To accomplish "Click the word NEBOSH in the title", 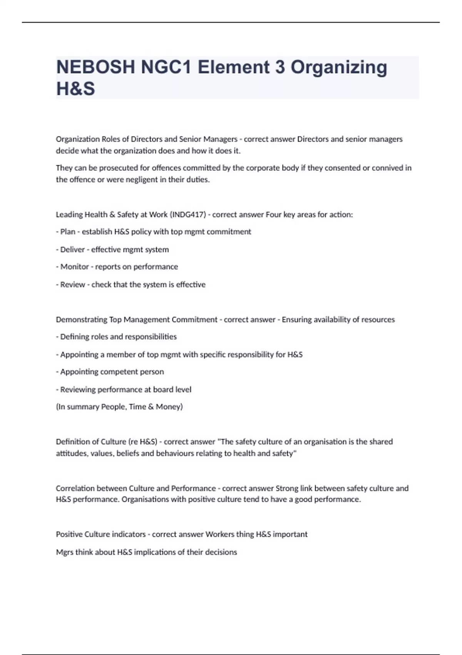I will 95,67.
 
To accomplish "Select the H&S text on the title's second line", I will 75,89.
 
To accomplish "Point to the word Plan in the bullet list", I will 68,232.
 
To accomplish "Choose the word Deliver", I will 72,249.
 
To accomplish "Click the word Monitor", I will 74,267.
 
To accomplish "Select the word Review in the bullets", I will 72,284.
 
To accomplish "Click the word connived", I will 388,168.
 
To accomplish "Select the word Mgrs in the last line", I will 64,552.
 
